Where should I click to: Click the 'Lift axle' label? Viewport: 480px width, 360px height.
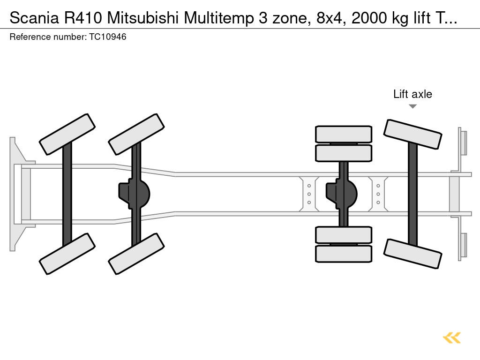pyautogui.click(x=412, y=94)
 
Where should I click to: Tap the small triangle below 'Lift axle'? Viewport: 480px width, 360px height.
pyautogui.click(x=412, y=106)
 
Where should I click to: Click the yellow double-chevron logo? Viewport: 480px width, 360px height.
pyautogui.click(x=452, y=337)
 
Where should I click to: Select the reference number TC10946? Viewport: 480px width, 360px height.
pyautogui.click(x=107, y=37)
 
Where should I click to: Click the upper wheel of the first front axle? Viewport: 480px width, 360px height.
pyautogui.click(x=67, y=134)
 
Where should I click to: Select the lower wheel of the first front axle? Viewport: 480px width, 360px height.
pyautogui.click(x=67, y=254)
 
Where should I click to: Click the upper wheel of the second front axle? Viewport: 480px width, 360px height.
pyautogui.click(x=136, y=134)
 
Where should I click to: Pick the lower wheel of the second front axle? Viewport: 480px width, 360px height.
pyautogui.click(x=136, y=254)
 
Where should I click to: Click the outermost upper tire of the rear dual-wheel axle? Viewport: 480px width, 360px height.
pyautogui.click(x=344, y=134)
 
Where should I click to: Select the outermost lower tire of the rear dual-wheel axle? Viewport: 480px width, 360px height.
pyautogui.click(x=344, y=254)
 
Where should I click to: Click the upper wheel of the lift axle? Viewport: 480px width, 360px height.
pyautogui.click(x=412, y=134)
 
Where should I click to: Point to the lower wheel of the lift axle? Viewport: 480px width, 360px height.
pyautogui.click(x=412, y=254)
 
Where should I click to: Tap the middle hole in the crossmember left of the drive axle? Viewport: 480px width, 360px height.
pyautogui.click(x=309, y=194)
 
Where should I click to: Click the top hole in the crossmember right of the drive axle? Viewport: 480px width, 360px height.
pyautogui.click(x=378, y=186)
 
